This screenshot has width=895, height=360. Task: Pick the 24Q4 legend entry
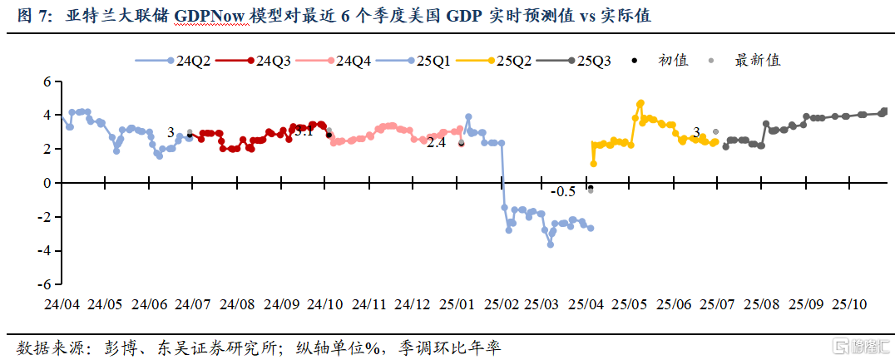point(342,60)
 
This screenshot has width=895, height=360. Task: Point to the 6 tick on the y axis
point(47,81)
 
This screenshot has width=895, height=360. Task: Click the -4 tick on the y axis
point(45,250)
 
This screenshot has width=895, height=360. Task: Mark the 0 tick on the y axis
point(47,182)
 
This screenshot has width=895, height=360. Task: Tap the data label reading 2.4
point(436,142)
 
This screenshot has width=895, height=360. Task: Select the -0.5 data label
point(563,191)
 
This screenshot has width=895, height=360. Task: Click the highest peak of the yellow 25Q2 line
point(640,104)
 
